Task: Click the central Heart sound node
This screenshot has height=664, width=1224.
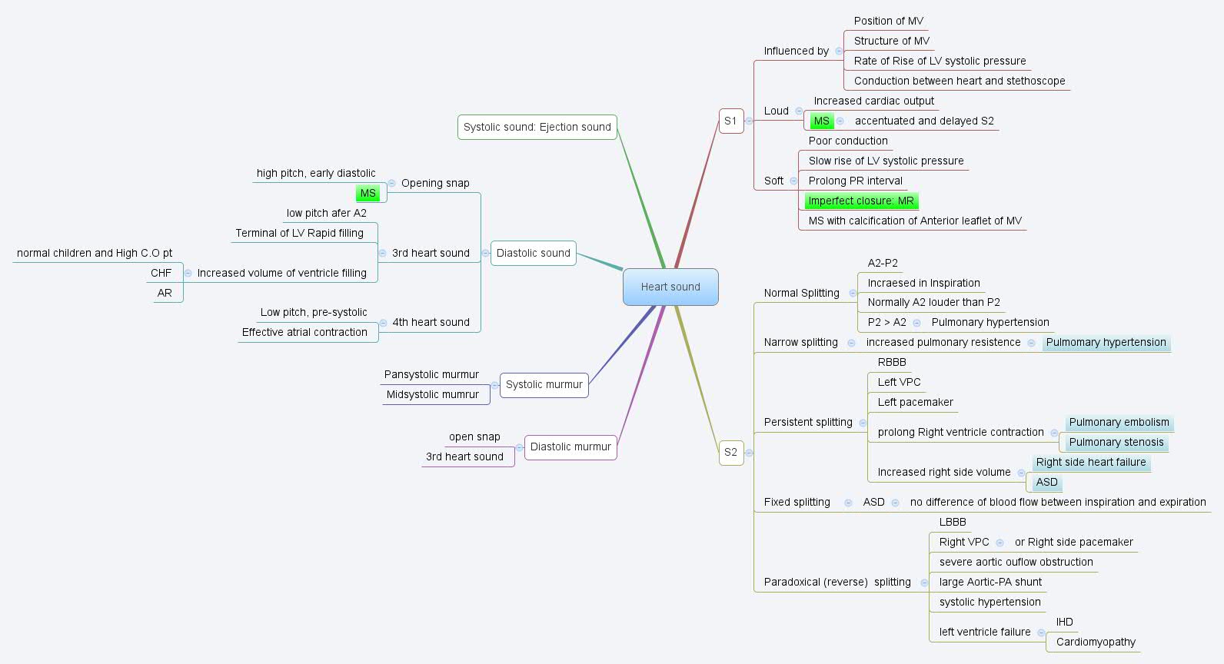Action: [670, 287]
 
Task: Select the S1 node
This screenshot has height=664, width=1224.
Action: [730, 121]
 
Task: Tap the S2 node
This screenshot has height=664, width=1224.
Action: [730, 452]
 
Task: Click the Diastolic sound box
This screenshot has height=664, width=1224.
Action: [533, 253]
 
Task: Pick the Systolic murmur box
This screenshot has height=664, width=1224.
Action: [544, 384]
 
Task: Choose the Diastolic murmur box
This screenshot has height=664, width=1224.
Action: [570, 447]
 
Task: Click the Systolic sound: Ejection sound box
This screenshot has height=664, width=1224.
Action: [537, 127]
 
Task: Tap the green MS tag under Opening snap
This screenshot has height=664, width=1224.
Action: [368, 193]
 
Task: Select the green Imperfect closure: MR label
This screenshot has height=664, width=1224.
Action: [861, 201]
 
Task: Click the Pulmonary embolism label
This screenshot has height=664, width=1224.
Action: [1119, 422]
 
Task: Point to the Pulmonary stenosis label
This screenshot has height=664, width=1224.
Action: [1116, 442]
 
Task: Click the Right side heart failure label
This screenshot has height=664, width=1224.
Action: [1090, 462]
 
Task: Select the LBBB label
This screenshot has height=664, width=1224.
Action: [953, 522]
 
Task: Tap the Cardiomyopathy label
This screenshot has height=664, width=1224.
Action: [1096, 642]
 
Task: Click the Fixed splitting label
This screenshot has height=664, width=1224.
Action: [797, 502]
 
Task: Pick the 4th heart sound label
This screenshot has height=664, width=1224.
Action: [431, 322]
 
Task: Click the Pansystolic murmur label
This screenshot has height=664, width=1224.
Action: [431, 374]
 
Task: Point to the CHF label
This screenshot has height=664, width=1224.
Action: [161, 273]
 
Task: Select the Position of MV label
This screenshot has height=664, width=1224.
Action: [888, 21]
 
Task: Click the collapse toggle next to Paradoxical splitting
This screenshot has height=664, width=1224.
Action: [924, 583]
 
